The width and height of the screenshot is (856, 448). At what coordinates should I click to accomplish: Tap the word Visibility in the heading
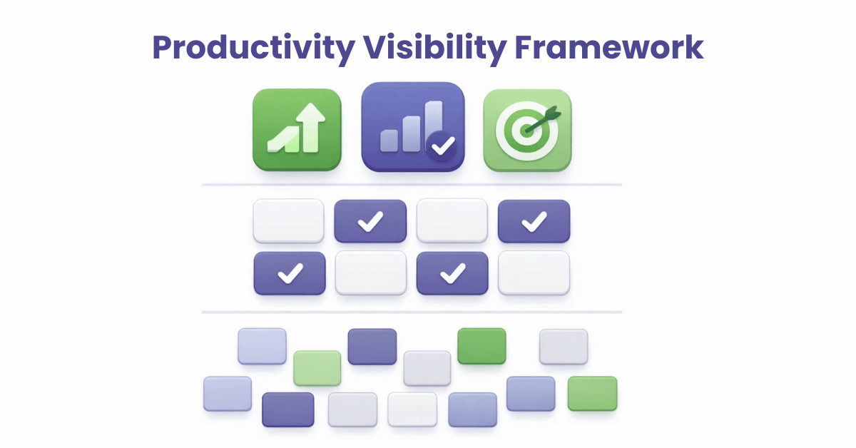point(427,47)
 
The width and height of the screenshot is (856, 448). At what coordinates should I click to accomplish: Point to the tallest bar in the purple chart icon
point(433,125)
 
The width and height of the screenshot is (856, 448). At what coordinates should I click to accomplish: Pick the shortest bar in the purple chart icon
point(389,141)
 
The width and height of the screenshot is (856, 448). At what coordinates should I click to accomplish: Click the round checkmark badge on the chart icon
point(443,146)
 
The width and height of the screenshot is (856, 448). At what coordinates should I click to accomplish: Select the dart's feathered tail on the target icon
point(554,113)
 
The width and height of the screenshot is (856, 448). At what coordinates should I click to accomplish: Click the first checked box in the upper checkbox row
point(370,221)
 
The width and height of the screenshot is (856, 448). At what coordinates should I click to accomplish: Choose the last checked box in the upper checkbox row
point(534,221)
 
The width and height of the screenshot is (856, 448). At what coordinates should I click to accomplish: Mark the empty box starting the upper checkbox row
point(288,221)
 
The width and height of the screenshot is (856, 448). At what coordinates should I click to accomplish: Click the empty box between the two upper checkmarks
point(452,221)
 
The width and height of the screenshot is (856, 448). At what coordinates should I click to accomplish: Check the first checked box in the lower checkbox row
point(290,273)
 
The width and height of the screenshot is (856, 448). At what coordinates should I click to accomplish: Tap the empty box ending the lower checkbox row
point(534,273)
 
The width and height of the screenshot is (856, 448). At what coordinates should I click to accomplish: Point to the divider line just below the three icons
point(412,185)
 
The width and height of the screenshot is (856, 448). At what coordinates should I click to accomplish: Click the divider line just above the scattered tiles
point(412,312)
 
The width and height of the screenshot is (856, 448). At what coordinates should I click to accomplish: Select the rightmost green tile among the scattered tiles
point(592,394)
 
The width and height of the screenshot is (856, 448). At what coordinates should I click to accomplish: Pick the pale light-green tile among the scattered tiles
point(317,368)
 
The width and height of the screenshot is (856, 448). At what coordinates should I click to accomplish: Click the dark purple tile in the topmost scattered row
point(372,347)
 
